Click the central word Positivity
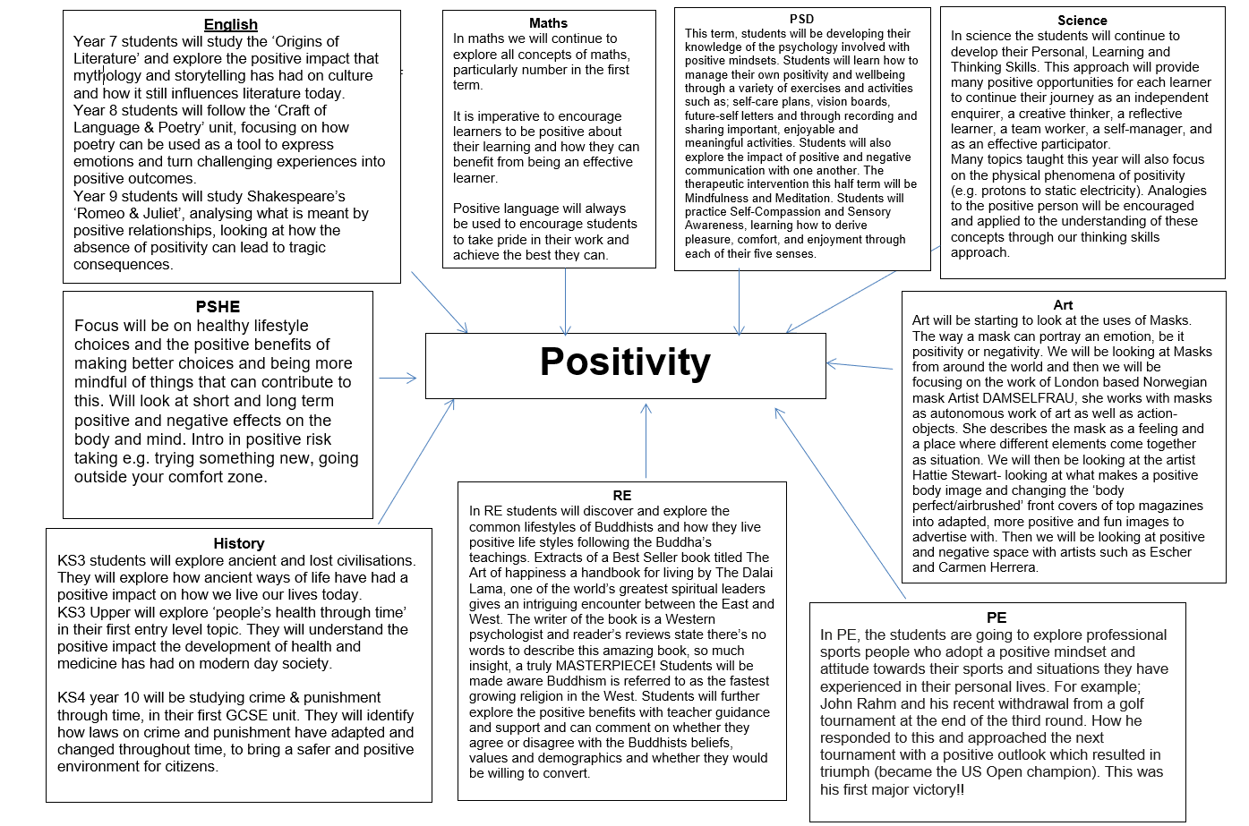tap(625, 362)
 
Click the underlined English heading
tap(231, 24)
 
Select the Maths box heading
tap(548, 23)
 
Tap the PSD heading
tap(801, 19)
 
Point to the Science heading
tap(1082, 20)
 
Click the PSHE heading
tap(218, 306)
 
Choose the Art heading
tap(1063, 305)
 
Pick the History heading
tap(238, 543)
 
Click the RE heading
tap(622, 495)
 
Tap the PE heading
tap(997, 617)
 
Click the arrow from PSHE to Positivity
tap(398, 378)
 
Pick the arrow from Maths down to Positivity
tap(566, 301)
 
